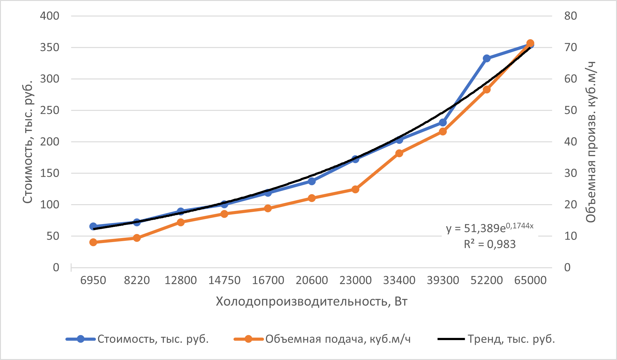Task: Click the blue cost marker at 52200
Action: [487, 58]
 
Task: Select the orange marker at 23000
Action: [356, 189]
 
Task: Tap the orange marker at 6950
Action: [93, 242]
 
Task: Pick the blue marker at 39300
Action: [443, 123]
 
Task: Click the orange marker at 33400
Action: [399, 153]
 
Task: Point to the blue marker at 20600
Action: [312, 181]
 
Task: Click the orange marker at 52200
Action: [487, 90]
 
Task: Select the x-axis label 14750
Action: [224, 280]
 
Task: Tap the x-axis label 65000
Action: [530, 280]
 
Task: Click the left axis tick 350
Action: [49, 48]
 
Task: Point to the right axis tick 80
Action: [570, 16]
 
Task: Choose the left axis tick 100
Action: [49, 205]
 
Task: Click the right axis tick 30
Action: [570, 173]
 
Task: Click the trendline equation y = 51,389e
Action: [489, 228]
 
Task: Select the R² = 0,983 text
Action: [489, 244]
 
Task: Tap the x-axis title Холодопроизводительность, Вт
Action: [311, 302]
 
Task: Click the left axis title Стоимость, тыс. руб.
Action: [28, 142]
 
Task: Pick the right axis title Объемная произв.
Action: [591, 142]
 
